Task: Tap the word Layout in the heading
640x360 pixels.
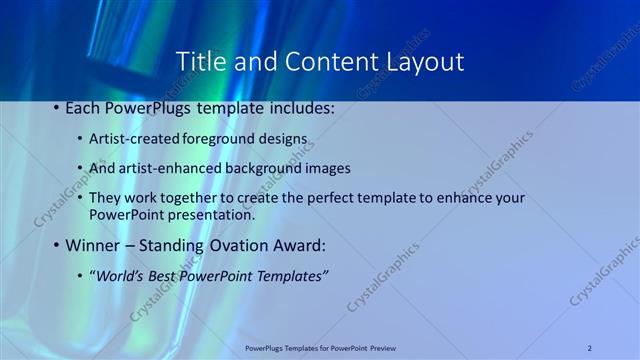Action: [425, 61]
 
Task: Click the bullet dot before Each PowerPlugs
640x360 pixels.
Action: [56, 106]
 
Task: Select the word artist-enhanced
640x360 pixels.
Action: [160, 168]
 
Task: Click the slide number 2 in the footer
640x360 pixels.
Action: [590, 348]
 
